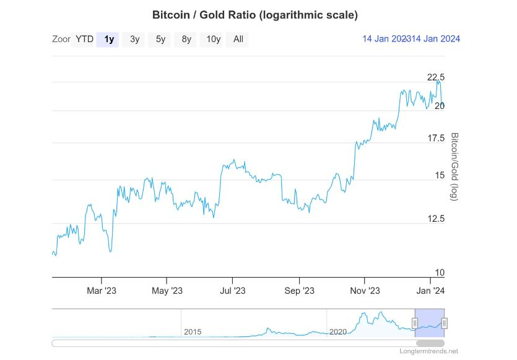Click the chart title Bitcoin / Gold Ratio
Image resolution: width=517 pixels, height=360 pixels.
(x=254, y=14)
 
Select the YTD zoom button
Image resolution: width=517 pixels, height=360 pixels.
(x=84, y=40)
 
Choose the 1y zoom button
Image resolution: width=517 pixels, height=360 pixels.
(x=108, y=40)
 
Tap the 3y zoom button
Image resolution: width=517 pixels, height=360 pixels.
(x=134, y=40)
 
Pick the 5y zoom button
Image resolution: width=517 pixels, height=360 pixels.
(x=160, y=40)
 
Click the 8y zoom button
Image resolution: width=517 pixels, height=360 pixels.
(x=186, y=40)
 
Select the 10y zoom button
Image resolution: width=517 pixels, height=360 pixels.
(x=213, y=40)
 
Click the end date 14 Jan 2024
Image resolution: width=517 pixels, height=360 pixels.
(x=433, y=39)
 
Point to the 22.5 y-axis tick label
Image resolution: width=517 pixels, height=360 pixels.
(x=436, y=77)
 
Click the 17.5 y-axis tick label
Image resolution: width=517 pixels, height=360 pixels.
(x=436, y=138)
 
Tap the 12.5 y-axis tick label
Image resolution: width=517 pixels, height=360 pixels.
(x=436, y=218)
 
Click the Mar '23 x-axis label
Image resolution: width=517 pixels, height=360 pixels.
(x=102, y=291)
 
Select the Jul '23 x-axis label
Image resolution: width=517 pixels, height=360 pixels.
(x=232, y=291)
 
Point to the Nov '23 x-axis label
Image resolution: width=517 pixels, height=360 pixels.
(x=365, y=291)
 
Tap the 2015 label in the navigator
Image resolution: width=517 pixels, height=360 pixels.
(x=193, y=332)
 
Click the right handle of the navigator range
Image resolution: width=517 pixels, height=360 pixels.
(x=444, y=323)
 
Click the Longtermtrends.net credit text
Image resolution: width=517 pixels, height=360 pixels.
(x=429, y=351)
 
